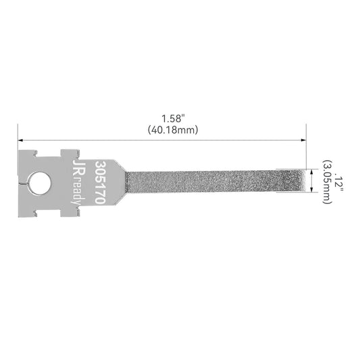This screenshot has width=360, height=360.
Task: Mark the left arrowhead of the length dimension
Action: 21,140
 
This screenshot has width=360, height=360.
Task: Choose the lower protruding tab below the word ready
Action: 68,213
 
